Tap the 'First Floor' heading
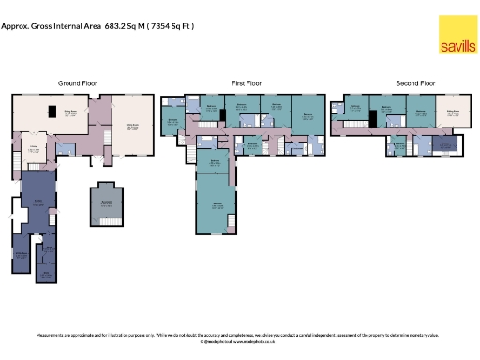[x=246, y=83]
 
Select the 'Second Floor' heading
[x=415, y=83]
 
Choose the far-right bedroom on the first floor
[x=308, y=118]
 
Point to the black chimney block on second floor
[x=373, y=116]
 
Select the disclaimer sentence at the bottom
[x=239, y=334]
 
